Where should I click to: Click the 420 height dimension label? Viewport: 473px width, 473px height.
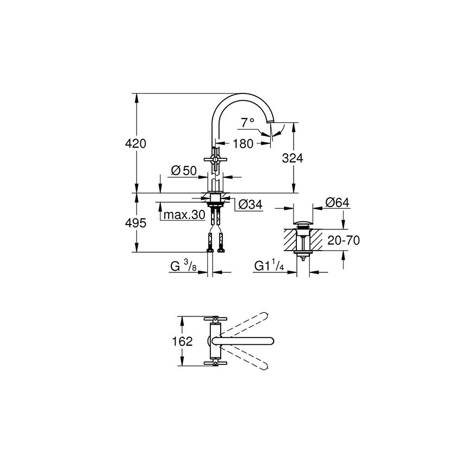(135, 144)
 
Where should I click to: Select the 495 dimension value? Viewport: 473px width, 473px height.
(135, 223)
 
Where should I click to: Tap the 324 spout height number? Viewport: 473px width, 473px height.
(292, 158)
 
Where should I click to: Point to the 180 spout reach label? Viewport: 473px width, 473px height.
(243, 144)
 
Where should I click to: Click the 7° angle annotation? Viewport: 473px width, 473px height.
(248, 122)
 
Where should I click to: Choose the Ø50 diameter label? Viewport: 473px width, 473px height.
(184, 171)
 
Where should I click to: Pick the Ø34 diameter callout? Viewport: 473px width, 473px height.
(251, 204)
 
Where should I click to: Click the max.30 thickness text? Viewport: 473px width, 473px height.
(184, 215)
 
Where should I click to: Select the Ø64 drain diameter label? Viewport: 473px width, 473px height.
(337, 202)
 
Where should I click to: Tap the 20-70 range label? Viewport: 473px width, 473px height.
(344, 240)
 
